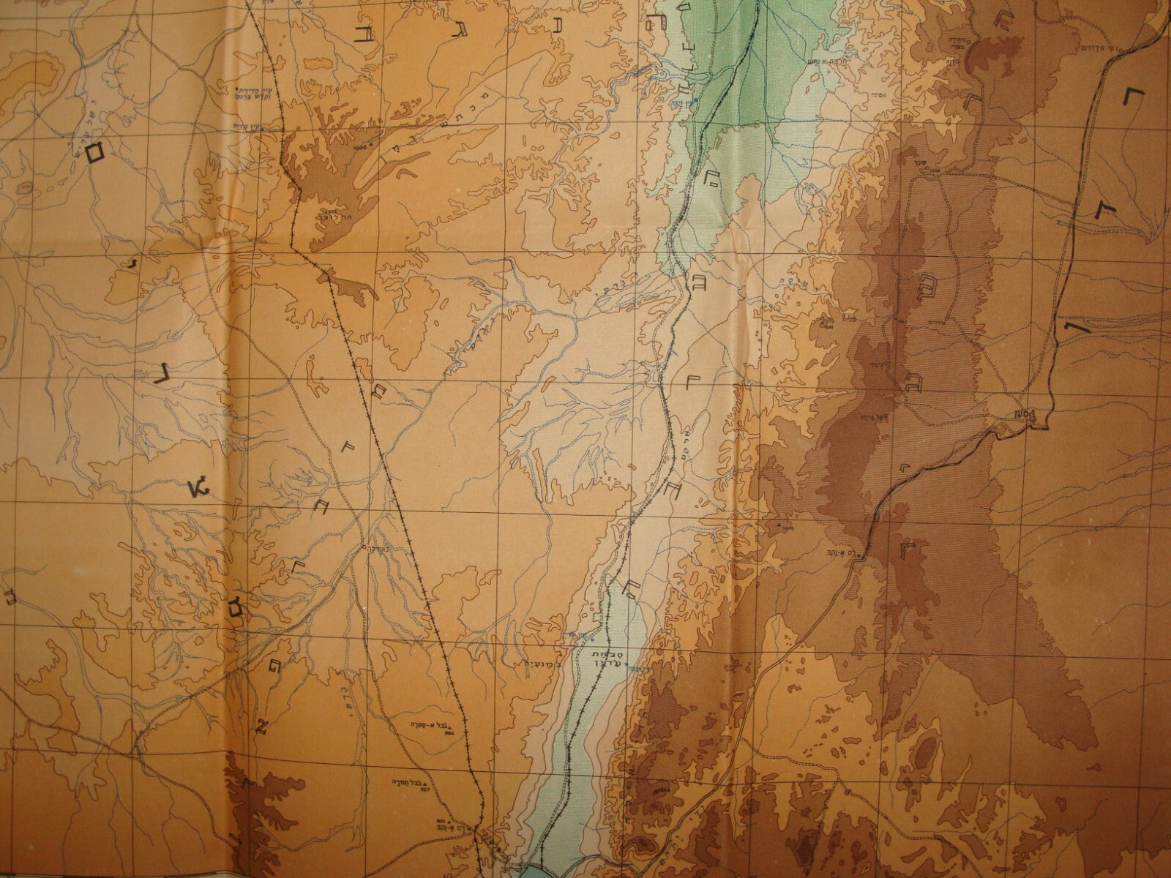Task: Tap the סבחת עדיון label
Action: (x=604, y=655)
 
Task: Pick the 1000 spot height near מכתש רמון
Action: (x=356, y=146)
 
